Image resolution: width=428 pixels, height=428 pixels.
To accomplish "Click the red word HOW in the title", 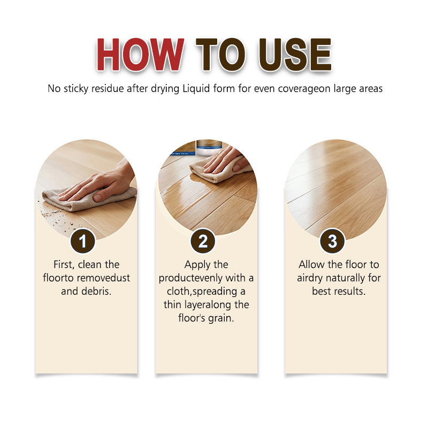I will click(x=140, y=55).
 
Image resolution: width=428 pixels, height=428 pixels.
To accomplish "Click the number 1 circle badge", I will click(x=82, y=241).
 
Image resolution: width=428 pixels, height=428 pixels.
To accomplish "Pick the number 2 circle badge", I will click(x=203, y=241).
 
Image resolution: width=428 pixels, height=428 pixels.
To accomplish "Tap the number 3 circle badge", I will click(x=332, y=241).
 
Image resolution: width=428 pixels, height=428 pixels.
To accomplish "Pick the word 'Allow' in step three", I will click(x=312, y=265).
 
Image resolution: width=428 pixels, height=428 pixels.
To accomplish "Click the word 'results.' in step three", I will click(x=347, y=292).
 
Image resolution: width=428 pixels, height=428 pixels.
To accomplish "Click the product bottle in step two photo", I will click(x=209, y=146).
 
